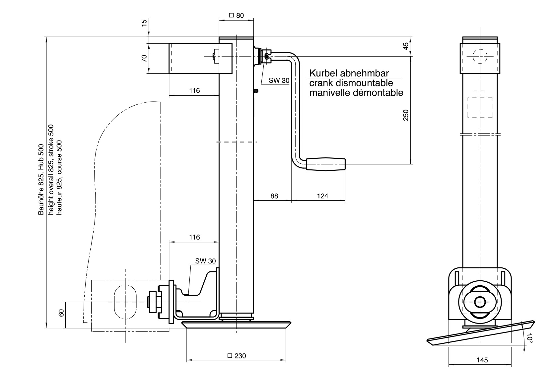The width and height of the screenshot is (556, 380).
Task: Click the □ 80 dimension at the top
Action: click(237, 15)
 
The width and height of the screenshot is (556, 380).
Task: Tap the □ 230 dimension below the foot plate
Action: click(237, 356)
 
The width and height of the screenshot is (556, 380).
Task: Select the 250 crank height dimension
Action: click(406, 115)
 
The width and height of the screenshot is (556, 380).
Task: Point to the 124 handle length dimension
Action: click(322, 196)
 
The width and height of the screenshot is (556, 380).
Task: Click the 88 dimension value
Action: click(274, 196)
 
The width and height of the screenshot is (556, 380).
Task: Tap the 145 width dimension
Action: click(482, 360)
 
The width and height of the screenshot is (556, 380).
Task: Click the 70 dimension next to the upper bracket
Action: click(144, 59)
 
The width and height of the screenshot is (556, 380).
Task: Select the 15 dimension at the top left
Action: click(144, 23)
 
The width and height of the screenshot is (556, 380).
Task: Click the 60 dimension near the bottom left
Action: click(61, 313)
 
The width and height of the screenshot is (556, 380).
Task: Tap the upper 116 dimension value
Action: click(194, 90)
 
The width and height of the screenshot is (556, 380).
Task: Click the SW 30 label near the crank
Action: click(279, 80)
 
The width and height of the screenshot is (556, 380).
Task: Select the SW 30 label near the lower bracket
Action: click(205, 261)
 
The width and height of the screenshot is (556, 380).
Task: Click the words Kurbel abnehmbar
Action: click(349, 73)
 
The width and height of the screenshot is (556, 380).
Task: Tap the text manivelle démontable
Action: click(356, 93)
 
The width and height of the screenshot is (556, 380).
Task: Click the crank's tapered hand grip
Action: click(325, 164)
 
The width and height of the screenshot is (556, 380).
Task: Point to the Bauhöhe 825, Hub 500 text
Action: click(41, 179)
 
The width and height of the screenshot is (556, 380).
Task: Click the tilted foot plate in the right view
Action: click(481, 334)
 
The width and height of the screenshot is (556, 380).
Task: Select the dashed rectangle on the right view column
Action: click(480, 107)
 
